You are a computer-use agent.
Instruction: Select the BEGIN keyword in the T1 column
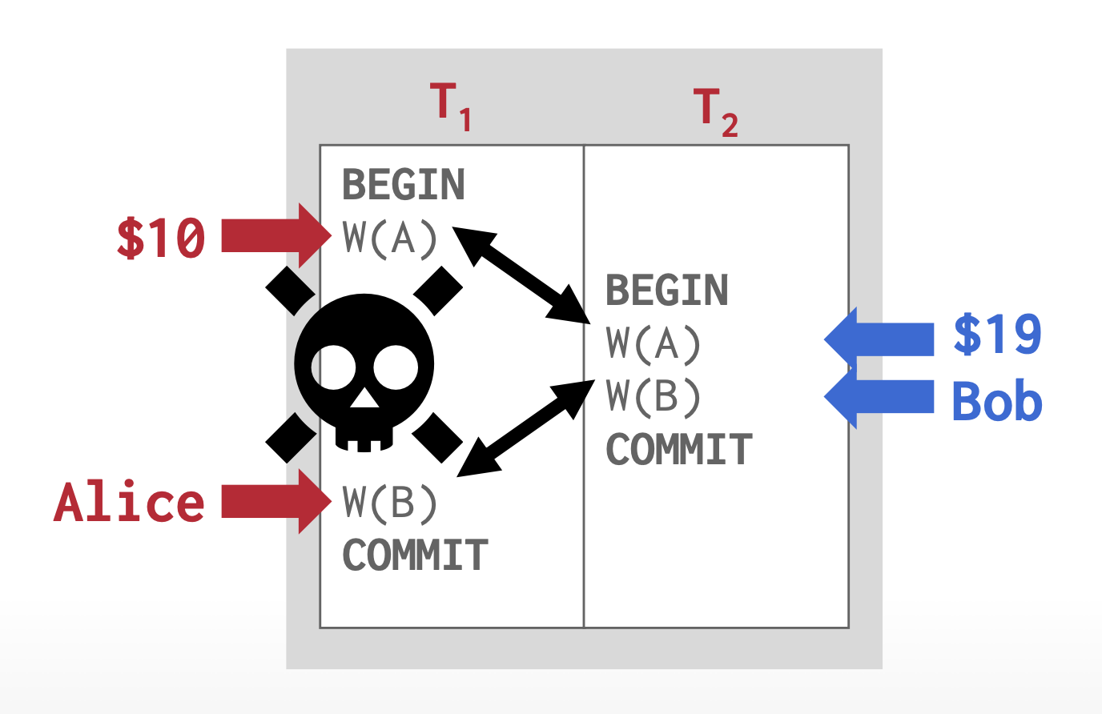404,185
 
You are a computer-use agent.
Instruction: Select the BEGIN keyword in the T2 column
667,290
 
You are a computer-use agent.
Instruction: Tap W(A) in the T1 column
390,238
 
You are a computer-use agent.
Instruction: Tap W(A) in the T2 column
654,343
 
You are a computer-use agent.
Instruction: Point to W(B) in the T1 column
390,503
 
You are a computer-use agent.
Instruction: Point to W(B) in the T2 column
654,396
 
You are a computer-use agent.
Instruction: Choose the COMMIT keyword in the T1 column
415,556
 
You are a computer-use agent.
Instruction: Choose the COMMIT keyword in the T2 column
679,450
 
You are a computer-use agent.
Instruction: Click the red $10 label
161,238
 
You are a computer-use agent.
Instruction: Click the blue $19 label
998,335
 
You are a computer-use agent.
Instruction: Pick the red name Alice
130,503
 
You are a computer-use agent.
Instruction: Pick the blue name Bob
998,401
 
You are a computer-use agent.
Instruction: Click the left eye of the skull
333,367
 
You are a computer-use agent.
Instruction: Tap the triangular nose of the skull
364,397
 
